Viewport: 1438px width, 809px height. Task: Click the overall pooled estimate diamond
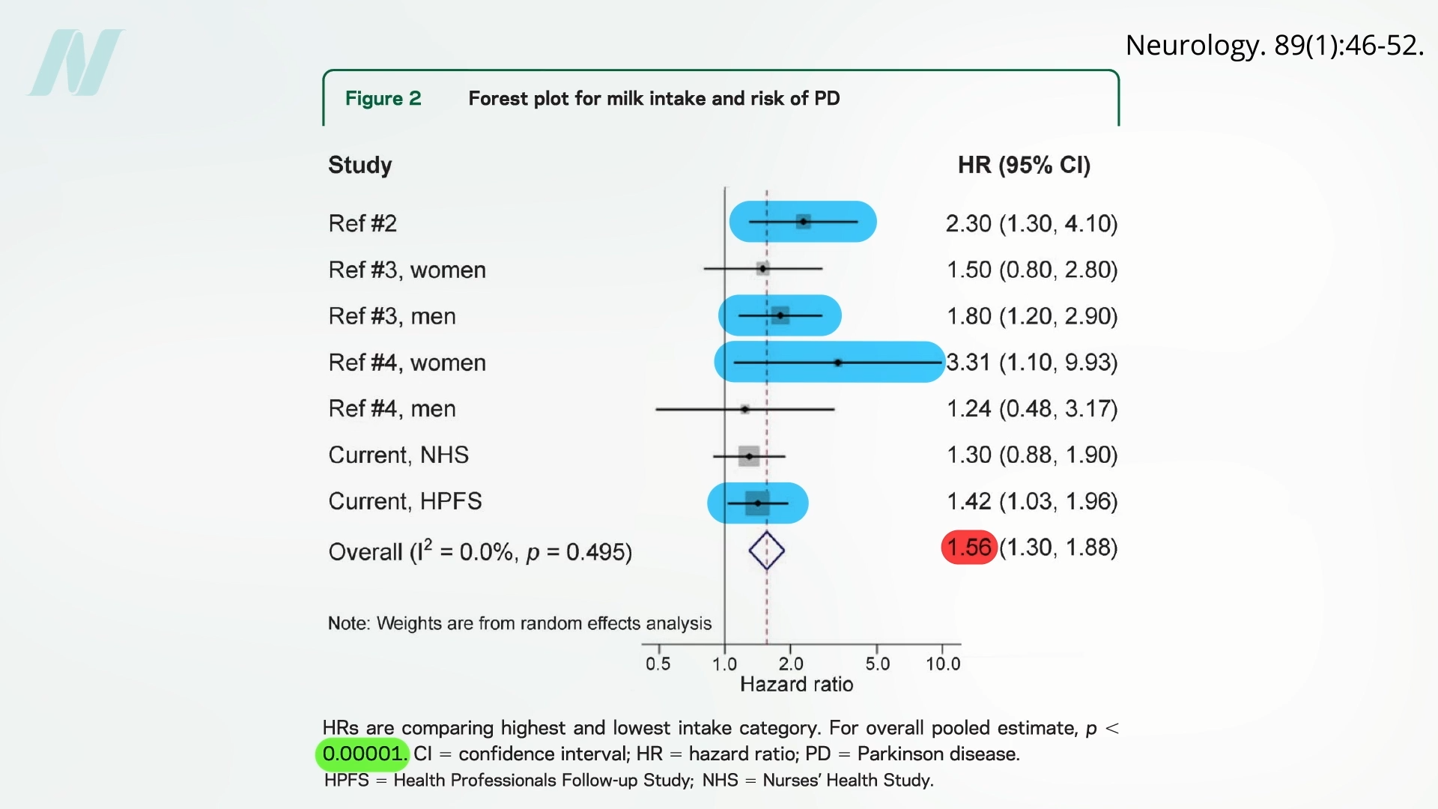(766, 551)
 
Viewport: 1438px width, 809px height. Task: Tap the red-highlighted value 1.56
(968, 548)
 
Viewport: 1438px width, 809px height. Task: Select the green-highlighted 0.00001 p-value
(362, 754)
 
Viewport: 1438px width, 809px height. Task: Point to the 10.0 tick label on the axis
(942, 664)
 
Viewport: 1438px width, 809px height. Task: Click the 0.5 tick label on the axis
(658, 664)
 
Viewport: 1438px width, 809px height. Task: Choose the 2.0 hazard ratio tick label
(790, 664)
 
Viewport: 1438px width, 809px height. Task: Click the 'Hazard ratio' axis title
(796, 685)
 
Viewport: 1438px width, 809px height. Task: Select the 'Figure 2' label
(383, 99)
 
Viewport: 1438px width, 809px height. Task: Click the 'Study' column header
(360, 165)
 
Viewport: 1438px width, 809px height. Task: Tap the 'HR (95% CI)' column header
(1024, 165)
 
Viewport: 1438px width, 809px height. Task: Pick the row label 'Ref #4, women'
(407, 363)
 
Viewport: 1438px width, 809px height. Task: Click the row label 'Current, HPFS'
(405, 501)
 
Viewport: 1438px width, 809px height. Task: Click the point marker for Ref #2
(803, 222)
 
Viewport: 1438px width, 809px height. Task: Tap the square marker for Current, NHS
(749, 456)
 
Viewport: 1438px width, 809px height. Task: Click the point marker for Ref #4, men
(744, 409)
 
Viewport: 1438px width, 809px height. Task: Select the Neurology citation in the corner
(1274, 46)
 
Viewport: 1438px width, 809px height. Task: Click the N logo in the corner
(76, 63)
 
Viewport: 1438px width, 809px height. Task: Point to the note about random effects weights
(519, 623)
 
